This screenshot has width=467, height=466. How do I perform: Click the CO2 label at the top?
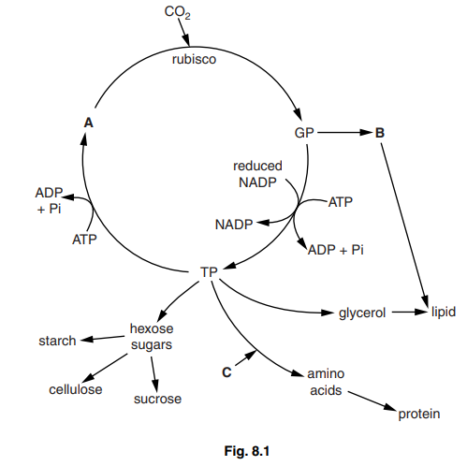177,13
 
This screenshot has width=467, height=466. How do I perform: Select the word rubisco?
194,59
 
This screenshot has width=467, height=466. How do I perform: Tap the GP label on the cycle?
304,134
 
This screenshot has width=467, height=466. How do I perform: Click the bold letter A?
88,122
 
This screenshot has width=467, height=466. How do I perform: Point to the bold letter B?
379,134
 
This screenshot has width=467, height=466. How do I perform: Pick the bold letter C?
226,371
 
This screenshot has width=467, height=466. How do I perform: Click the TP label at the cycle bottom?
209,272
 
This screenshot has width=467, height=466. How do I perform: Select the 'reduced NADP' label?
257,174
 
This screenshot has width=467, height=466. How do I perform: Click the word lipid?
443,313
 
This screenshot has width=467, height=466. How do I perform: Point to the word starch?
57,341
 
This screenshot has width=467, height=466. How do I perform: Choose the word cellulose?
76,388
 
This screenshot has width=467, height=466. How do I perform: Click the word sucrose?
157,400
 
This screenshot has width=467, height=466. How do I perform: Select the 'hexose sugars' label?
152,337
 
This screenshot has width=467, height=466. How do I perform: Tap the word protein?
418,415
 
